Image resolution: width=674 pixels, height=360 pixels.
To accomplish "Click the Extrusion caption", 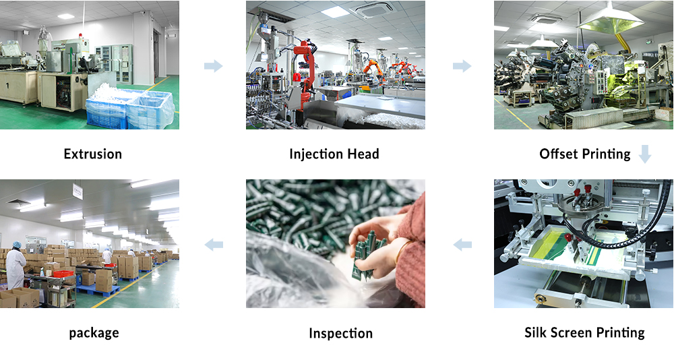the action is (x=93, y=154).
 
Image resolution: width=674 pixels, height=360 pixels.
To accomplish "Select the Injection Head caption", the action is (x=334, y=154).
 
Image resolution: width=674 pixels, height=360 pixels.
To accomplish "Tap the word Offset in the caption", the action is (x=557, y=154).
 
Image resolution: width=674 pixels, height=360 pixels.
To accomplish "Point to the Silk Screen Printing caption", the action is (x=584, y=332).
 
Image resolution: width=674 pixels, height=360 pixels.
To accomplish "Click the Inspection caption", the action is (x=340, y=333).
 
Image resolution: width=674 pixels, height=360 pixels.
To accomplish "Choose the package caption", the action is (x=94, y=333).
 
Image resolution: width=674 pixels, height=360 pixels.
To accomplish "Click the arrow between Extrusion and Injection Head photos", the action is (x=213, y=66).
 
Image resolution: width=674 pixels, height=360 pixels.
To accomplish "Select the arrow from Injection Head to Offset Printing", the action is (x=462, y=66).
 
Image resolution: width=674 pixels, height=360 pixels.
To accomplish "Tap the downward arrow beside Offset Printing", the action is (x=645, y=154).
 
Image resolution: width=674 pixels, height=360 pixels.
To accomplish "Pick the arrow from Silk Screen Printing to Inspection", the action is (x=462, y=245).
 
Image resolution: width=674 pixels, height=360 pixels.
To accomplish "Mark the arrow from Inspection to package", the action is (x=214, y=245).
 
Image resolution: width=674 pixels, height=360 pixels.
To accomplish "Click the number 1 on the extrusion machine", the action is (x=7, y=86).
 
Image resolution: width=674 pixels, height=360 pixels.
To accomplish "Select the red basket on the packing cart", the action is (x=63, y=274).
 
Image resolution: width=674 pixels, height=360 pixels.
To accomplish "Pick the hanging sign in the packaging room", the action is (x=78, y=191).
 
